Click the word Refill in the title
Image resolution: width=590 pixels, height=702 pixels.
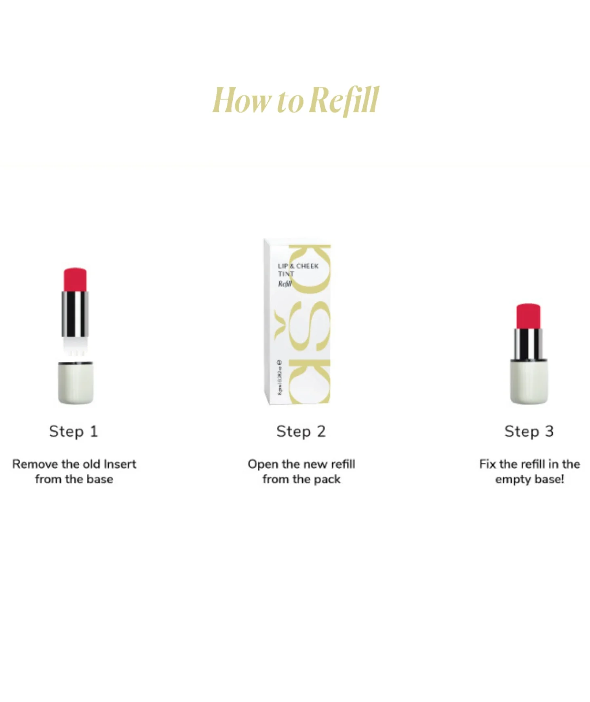[x=346, y=100]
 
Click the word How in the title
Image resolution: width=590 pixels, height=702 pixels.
[x=241, y=100]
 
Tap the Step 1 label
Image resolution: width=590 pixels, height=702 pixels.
[x=74, y=431]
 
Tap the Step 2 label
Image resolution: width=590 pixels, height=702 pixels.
[x=301, y=431]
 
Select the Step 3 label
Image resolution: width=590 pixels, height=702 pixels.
[x=529, y=431]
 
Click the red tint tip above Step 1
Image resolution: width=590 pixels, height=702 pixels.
[x=75, y=279]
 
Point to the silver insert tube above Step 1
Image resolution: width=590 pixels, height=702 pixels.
[x=75, y=314]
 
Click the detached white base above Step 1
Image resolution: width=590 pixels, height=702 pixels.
[x=76, y=382]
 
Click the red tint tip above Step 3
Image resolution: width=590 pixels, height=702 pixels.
[x=529, y=316]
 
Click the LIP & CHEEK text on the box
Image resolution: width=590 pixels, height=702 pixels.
[x=298, y=266]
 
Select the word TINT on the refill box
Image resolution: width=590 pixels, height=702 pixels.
[x=286, y=274]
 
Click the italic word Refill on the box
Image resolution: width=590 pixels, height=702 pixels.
[x=284, y=283]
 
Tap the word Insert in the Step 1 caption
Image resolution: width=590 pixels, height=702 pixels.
[x=120, y=464]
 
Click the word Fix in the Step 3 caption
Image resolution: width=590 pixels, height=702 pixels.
[x=487, y=464]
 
